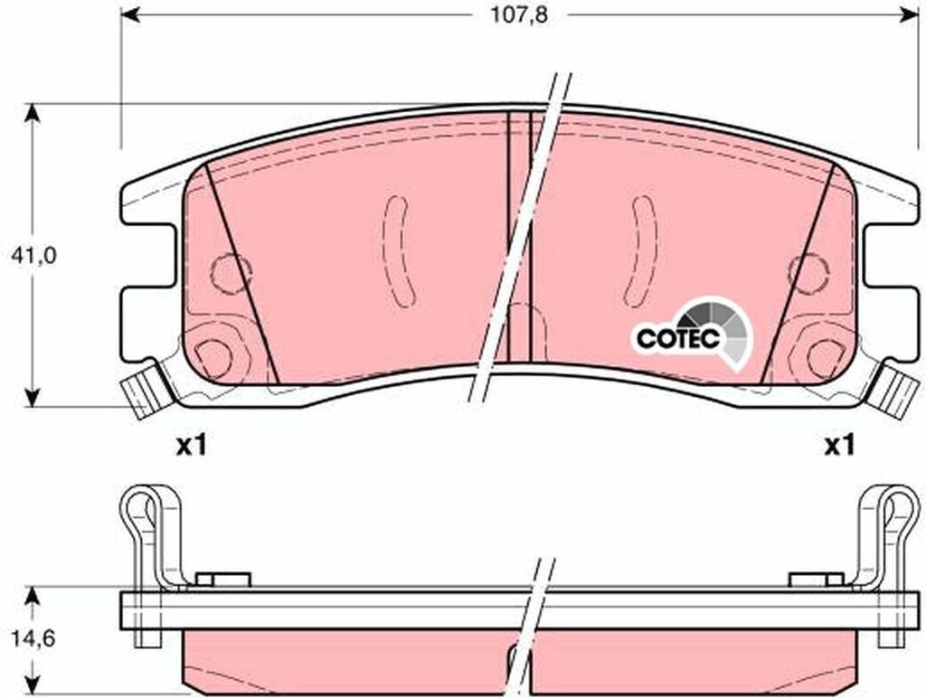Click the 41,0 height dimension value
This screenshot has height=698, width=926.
[34, 256]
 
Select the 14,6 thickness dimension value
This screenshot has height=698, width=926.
[34, 637]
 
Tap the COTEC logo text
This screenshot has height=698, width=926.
[676, 339]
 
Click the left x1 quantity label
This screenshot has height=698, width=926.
[191, 445]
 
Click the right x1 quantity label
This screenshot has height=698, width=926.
[839, 445]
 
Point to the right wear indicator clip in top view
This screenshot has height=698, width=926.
[896, 389]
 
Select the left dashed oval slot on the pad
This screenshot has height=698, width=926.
[398, 250]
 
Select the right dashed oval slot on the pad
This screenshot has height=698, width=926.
[641, 250]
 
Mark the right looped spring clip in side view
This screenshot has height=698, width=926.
[890, 533]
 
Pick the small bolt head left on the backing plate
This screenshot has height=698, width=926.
[222, 579]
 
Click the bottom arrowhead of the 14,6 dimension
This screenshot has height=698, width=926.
[33, 687]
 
